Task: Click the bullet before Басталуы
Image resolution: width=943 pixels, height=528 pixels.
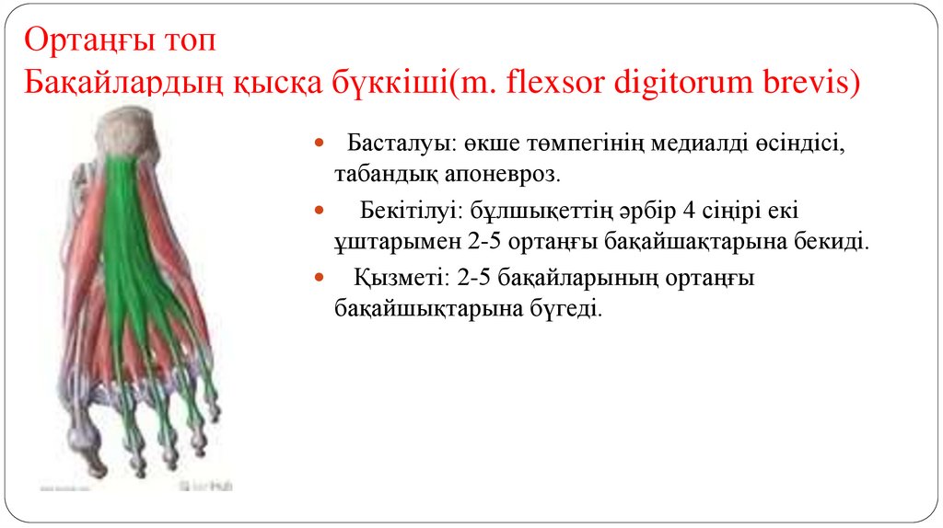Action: pyautogui.click(x=320, y=145)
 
